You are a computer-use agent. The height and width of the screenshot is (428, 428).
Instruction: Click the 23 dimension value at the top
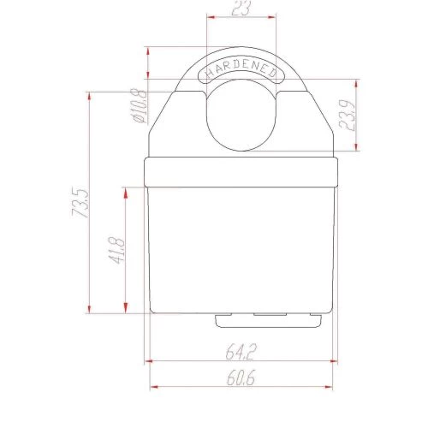[241, 8]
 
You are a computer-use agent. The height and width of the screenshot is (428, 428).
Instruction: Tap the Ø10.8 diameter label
[140, 105]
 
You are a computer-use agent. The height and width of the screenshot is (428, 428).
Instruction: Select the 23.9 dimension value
[347, 116]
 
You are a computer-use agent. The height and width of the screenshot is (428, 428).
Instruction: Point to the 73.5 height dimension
[80, 203]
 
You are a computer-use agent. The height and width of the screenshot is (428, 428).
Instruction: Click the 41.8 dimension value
[116, 251]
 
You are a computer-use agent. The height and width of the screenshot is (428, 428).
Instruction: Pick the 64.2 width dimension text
[241, 352]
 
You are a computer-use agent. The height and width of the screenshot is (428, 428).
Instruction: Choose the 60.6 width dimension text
[241, 377]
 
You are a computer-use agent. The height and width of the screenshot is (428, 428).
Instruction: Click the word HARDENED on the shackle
[241, 69]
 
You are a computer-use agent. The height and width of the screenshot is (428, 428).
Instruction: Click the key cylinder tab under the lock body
[268, 321]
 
